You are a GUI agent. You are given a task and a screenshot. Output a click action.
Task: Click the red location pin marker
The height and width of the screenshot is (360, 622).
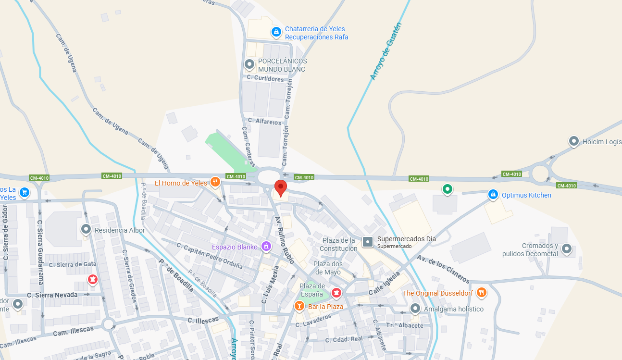point(281,188)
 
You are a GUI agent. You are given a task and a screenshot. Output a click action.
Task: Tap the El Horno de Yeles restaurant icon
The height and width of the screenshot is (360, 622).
point(215,182)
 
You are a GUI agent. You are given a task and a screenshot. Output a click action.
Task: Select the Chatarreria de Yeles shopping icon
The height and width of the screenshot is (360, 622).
point(276,32)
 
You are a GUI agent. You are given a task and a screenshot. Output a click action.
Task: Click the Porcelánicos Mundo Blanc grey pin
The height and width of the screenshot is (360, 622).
point(249,63)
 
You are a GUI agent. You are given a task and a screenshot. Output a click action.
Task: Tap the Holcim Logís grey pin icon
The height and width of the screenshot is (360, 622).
point(573,141)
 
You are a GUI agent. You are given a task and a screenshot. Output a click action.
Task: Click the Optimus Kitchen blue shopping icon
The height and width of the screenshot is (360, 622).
point(492,195)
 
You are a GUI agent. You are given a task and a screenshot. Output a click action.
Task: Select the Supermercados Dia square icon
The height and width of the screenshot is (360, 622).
point(368,242)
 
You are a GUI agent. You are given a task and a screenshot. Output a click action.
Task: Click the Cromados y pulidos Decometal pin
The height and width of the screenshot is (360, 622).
point(567,248)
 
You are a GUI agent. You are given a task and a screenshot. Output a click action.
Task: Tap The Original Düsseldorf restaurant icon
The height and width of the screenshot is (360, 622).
point(482,292)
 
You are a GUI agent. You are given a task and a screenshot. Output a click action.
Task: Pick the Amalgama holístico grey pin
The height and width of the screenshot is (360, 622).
point(415,308)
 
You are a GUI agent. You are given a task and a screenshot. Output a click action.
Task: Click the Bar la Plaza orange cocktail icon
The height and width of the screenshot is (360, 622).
point(299,306)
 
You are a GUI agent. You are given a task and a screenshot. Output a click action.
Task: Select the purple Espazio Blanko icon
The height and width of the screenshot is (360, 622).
point(266,247)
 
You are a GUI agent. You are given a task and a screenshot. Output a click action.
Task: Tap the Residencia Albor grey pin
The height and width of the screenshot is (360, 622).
point(86,229)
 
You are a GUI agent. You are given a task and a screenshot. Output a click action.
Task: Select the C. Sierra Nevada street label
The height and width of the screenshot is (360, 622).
point(52,295)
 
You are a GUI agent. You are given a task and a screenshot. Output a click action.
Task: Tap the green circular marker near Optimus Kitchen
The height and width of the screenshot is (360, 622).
point(448,189)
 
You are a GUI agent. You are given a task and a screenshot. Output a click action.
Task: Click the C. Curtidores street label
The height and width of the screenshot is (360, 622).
point(265,78)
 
